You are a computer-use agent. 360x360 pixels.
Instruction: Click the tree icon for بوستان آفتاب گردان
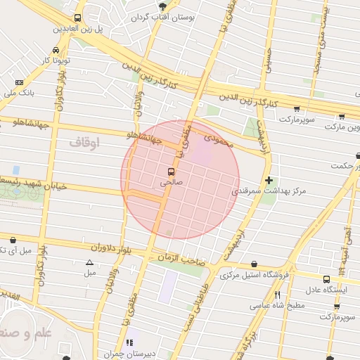click(x=162, y=6)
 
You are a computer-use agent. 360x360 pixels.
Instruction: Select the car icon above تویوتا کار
click(x=56, y=50)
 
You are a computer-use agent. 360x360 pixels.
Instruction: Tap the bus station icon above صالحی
click(x=170, y=171)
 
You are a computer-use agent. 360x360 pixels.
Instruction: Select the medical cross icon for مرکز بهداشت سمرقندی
click(x=269, y=180)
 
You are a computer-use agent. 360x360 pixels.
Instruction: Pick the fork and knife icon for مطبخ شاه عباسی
click(x=278, y=295)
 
